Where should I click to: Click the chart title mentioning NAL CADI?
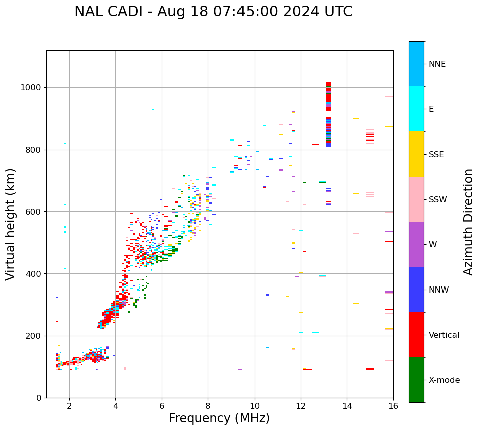click(x=213, y=12)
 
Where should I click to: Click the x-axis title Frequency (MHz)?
click(x=219, y=418)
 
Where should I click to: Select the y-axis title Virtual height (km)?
click(x=11, y=224)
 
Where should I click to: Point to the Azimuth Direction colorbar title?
click(x=468, y=222)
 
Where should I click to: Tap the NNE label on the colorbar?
click(x=437, y=64)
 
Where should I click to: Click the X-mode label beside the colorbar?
click(x=444, y=380)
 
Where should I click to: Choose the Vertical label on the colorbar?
click(x=444, y=335)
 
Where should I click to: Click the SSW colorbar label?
click(x=437, y=200)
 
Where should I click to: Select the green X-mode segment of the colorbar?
click(x=416, y=380)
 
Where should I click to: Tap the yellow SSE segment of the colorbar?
click(x=416, y=154)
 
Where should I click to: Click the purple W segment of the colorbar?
click(x=416, y=244)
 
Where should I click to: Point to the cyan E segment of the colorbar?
click(x=416, y=109)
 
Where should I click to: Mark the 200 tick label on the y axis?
click(x=34, y=336)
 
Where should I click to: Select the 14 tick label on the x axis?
click(x=347, y=406)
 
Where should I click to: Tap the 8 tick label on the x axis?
click(x=208, y=406)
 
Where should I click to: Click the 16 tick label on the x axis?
click(x=393, y=406)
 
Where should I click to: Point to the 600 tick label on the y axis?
click(x=34, y=212)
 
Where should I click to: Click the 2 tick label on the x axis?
click(x=69, y=406)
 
